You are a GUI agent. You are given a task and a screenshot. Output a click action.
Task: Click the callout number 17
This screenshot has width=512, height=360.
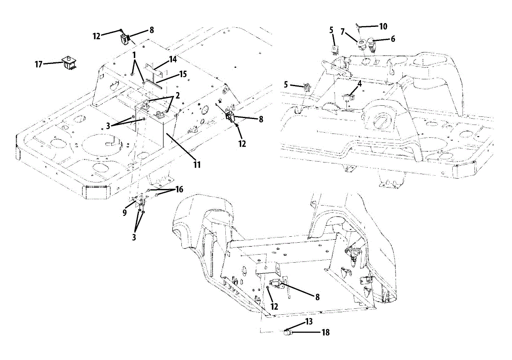click(x=38, y=64)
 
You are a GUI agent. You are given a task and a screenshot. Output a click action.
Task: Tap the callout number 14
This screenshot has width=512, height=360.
click(x=172, y=59)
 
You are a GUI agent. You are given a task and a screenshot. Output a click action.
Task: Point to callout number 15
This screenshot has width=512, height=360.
click(x=183, y=74)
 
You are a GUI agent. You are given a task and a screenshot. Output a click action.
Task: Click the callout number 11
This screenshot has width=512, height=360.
click(x=197, y=165)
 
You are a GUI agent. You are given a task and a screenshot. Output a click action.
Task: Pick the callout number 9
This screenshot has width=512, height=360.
click(x=125, y=213)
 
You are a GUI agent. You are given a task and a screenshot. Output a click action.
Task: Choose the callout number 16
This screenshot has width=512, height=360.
click(x=179, y=189)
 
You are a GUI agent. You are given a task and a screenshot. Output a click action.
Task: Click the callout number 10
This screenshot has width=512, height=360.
click(x=383, y=26)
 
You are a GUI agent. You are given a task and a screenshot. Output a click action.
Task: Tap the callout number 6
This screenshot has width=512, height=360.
click(x=393, y=39)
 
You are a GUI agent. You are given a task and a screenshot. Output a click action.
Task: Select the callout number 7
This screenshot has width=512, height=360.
click(x=342, y=32)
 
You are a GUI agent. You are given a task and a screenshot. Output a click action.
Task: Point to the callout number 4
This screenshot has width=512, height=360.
click(x=360, y=84)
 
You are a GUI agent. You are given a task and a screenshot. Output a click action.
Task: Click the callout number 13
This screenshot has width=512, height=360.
click(x=309, y=322)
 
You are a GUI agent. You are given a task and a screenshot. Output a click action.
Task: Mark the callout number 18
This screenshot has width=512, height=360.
click(x=326, y=332)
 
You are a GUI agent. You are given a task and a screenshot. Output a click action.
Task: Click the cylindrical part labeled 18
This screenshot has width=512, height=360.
click(x=287, y=333)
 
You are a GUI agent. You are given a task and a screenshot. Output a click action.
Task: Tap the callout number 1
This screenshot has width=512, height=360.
click(x=134, y=55)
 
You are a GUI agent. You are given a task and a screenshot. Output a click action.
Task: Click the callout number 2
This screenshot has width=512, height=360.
click(x=177, y=95)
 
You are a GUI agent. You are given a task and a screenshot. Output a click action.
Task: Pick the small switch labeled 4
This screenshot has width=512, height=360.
click(x=348, y=98)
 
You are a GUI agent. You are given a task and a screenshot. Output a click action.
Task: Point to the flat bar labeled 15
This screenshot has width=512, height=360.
click(x=154, y=83)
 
